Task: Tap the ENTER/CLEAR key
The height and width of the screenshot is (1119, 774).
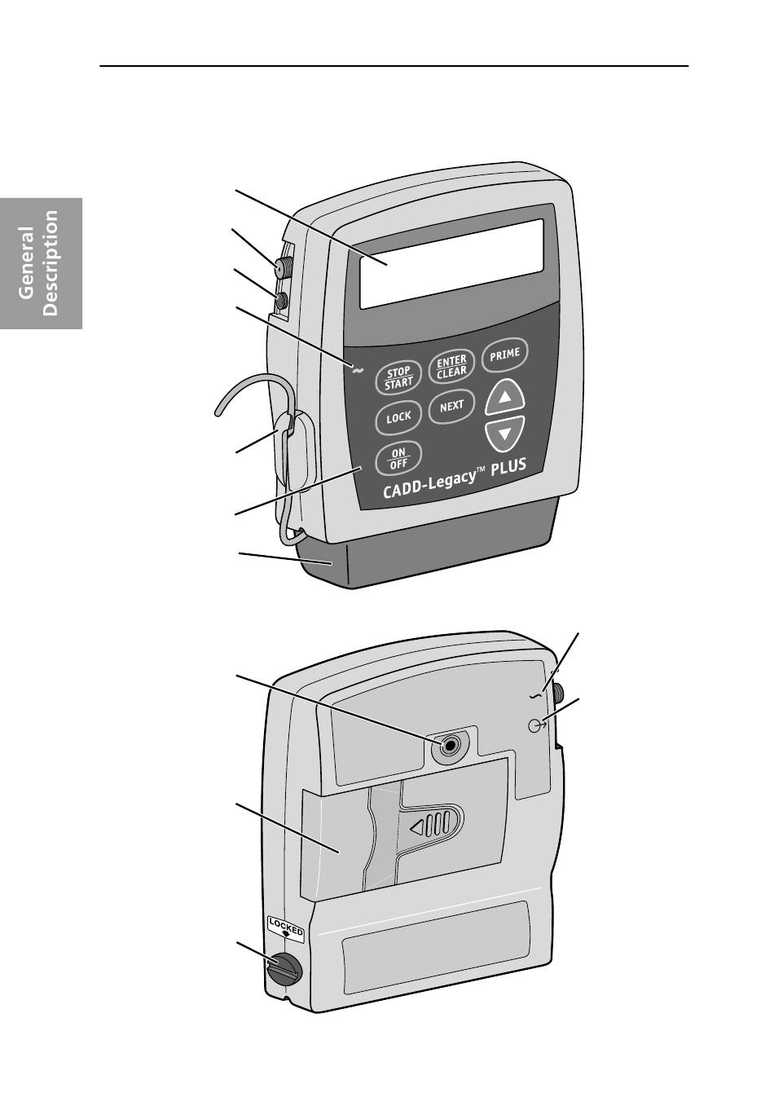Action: tap(451, 367)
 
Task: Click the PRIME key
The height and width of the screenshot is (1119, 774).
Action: tap(505, 355)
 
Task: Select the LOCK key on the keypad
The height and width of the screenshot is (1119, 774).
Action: tap(398, 417)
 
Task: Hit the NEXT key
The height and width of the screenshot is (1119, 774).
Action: tap(451, 406)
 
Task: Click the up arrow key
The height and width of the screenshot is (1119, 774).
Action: tap(505, 398)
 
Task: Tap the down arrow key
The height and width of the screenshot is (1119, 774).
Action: tap(505, 433)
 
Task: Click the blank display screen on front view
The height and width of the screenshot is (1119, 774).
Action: tap(451, 264)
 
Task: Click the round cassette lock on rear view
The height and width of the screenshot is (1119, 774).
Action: tap(284, 969)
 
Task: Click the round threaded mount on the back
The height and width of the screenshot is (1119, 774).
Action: tap(449, 744)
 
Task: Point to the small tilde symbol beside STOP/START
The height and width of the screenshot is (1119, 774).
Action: tap(357, 371)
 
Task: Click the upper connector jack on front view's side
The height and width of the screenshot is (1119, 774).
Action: tap(282, 267)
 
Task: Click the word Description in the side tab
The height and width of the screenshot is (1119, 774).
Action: tap(51, 263)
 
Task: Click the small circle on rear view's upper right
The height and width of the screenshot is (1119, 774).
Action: tap(536, 725)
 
